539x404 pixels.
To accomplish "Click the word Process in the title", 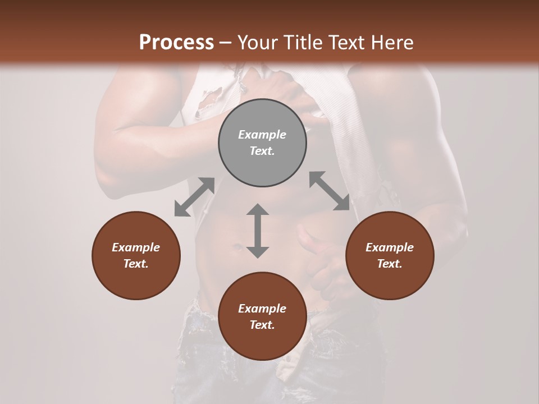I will pyautogui.click(x=176, y=43).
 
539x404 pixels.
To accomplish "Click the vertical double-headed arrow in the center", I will pyautogui.click(x=258, y=231).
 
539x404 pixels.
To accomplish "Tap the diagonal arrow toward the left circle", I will pyautogui.click(x=194, y=197).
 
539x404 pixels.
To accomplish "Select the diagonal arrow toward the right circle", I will pyautogui.click(x=330, y=191).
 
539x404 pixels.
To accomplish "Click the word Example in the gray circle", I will pyautogui.click(x=262, y=135).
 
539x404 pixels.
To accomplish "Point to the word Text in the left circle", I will pyautogui.click(x=136, y=264).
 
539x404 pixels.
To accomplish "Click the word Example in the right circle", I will pyautogui.click(x=390, y=247).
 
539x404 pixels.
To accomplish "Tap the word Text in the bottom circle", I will pyautogui.click(x=262, y=325).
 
